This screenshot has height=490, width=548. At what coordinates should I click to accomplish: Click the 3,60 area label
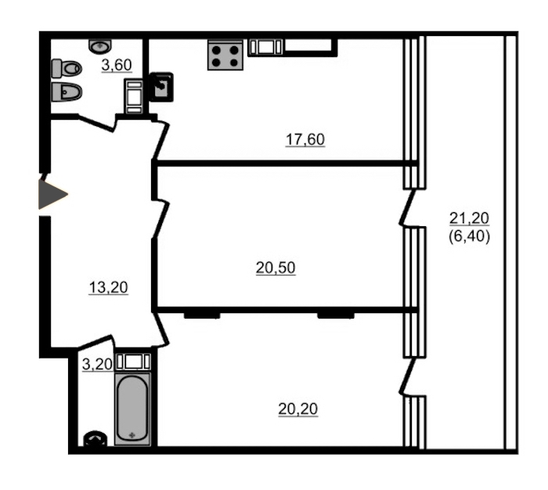pos(117,65)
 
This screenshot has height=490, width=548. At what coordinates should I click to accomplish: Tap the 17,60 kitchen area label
pos(305,139)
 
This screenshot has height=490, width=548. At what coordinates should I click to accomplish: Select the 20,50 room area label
pos(276,268)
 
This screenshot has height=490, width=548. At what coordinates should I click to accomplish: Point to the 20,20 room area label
pos(298,409)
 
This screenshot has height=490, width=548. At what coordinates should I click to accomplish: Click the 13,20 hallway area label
pos(109,287)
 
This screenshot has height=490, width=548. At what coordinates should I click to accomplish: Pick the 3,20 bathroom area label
pos(97,365)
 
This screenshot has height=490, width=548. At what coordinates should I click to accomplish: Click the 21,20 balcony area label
pos(469,218)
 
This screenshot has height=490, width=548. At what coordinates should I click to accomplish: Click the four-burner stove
pos(225,56)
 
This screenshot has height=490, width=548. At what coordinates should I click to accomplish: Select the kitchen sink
pos(161,87)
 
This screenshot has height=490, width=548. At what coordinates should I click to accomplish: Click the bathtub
pos(132,409)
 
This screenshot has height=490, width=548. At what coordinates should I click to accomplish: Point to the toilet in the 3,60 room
pos(67,69)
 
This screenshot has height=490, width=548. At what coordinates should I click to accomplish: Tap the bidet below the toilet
pos(67,92)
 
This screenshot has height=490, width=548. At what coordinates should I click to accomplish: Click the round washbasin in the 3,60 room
pos(100,45)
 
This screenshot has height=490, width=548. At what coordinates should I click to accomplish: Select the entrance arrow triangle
pos(52,195)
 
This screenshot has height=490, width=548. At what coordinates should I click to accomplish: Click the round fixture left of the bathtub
pos(96,438)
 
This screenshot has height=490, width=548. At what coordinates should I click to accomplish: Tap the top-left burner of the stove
pos(217,50)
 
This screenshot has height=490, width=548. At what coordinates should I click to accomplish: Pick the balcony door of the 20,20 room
pos(408,376)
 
